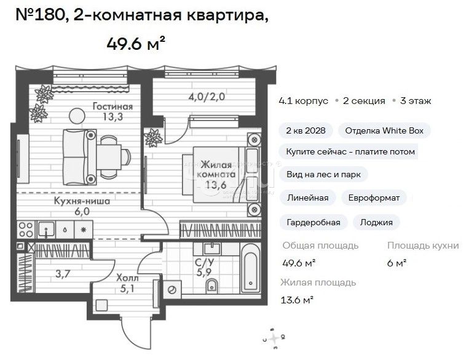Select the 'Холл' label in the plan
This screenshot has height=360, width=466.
tap(128, 278)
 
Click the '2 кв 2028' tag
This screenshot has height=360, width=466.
tap(306, 131)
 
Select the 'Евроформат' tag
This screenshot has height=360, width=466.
tap(374, 198)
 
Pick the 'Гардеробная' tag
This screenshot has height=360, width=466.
tap(314, 222)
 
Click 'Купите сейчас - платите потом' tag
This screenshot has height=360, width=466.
tap(350, 151)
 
